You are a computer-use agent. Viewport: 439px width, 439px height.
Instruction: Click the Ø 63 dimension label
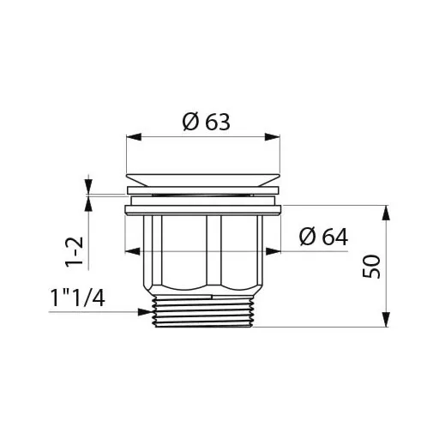pos(206,123)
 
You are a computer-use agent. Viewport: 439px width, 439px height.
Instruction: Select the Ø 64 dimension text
pos(323,237)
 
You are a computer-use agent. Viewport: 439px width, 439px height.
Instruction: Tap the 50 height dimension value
pos(371,267)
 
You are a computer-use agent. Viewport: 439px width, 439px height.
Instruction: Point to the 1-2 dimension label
pos(74,252)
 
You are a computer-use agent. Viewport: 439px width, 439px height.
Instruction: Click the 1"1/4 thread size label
pos(77,298)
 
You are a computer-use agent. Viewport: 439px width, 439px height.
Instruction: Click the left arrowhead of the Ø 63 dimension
pos(134,137)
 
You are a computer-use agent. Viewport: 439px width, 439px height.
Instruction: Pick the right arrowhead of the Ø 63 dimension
pos(272,137)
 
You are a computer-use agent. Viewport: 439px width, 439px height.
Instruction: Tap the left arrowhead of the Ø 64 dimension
pos(133,251)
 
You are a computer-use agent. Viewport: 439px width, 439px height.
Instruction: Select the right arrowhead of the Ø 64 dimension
pos(274,251)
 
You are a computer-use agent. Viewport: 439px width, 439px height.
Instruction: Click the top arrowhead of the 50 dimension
pos(386,213)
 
